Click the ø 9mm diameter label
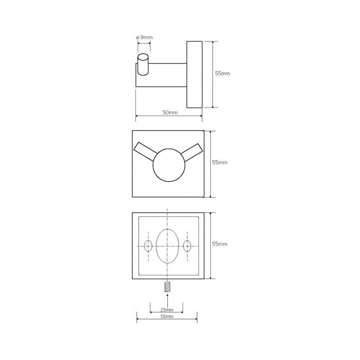tap(144, 37)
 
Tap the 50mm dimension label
tap(170, 112)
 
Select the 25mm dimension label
tap(166, 310)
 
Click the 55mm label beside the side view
tap(222, 73)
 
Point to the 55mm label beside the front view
tap(220, 162)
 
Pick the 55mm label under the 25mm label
tap(167, 316)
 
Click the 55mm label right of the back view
tap(220, 244)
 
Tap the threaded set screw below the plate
tap(167, 287)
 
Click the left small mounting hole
tap(148, 246)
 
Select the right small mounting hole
tap(187, 246)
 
